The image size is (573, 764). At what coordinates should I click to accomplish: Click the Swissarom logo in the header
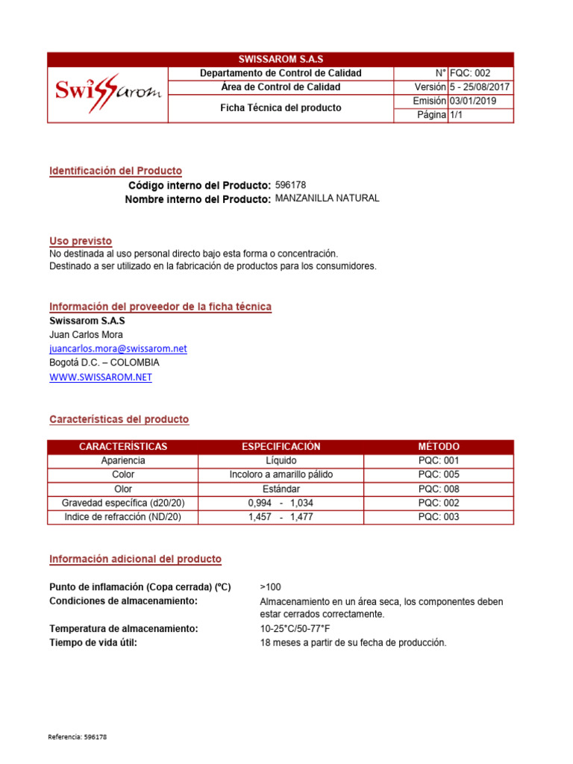point(108,94)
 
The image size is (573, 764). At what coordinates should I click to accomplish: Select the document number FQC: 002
point(470,73)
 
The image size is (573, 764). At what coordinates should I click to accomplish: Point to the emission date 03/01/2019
point(472,101)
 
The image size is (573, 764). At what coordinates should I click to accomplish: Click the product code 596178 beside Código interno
point(291,184)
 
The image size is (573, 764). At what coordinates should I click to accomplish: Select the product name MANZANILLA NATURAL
point(327,198)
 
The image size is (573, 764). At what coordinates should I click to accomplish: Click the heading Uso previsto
point(81,241)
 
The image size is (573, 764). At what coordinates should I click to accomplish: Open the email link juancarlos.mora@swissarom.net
point(118,348)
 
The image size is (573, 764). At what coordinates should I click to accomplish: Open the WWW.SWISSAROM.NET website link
point(101,378)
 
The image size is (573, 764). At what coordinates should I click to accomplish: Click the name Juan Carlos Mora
point(87,334)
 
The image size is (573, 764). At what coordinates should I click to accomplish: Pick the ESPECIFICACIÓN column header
point(281,447)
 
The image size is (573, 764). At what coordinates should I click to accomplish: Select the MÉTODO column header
point(439,447)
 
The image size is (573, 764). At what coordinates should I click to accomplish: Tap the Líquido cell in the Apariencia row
point(281,461)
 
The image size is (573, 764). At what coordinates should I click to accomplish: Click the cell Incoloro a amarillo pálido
point(281,475)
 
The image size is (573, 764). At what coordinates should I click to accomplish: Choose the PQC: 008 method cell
point(439,489)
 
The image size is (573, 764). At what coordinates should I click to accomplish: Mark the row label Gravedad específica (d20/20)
point(123,503)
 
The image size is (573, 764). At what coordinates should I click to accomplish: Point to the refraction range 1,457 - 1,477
point(281,517)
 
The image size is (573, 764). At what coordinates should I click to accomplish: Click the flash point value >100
point(271,587)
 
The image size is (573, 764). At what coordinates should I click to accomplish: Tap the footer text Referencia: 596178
point(78,737)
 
